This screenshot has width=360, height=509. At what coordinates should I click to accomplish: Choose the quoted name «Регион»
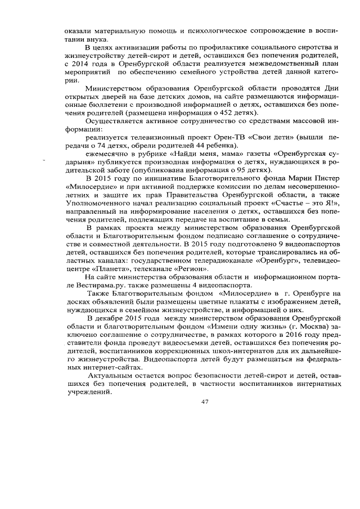(185, 269)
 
